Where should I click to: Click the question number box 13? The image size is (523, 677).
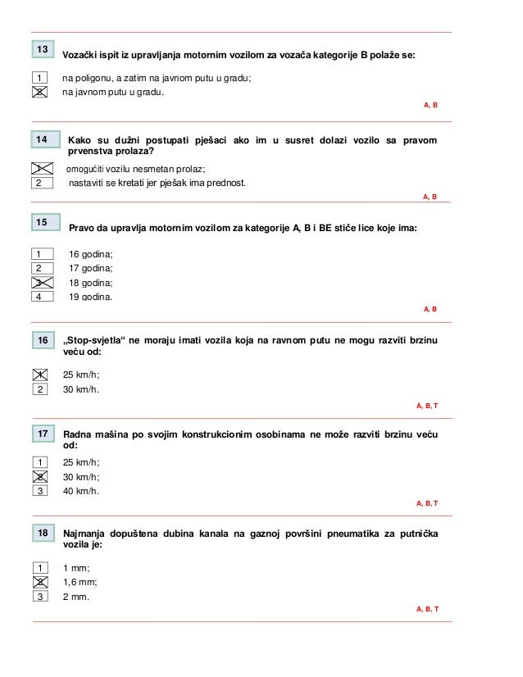[42, 51]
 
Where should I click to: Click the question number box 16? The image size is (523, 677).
[43, 339]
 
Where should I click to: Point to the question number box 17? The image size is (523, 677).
[42, 432]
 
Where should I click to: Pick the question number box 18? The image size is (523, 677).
[42, 534]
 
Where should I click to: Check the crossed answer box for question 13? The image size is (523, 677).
[39, 92]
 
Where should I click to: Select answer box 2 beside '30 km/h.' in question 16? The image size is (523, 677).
[39, 388]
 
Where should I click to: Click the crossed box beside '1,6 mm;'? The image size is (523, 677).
[39, 582]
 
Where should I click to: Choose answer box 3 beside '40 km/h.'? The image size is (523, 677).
[39, 491]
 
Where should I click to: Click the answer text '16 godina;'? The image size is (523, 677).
[91, 253]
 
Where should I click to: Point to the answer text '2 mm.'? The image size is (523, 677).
[75, 597]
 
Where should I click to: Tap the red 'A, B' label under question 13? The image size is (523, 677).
[430, 107]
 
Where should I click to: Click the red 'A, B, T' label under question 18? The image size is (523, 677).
[427, 610]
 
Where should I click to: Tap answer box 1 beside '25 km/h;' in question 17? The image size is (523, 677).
[39, 462]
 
